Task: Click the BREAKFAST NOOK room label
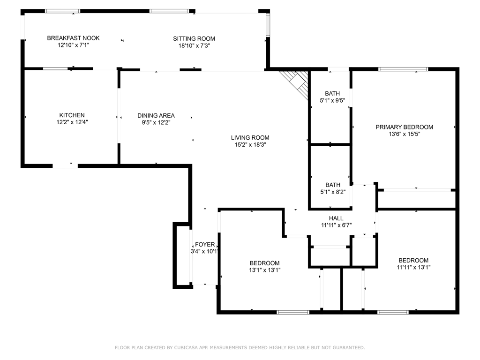pos(73,38)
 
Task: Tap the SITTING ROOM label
pos(194,38)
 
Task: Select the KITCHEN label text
pos(72,115)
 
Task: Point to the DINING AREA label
pos(156,116)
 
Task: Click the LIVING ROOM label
pos(250,138)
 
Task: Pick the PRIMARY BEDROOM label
pos(404,127)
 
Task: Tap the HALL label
pos(336,218)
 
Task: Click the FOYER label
pos(205,245)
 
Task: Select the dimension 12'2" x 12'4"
pos(72,122)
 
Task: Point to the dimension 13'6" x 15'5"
pos(404,134)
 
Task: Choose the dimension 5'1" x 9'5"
pos(332,100)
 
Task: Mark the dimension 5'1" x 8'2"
pos(332,192)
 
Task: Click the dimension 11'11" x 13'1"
pos(413,268)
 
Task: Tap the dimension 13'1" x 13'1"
pos(264,270)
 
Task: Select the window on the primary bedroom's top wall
pos(403,69)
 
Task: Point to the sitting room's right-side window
pos(268,24)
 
